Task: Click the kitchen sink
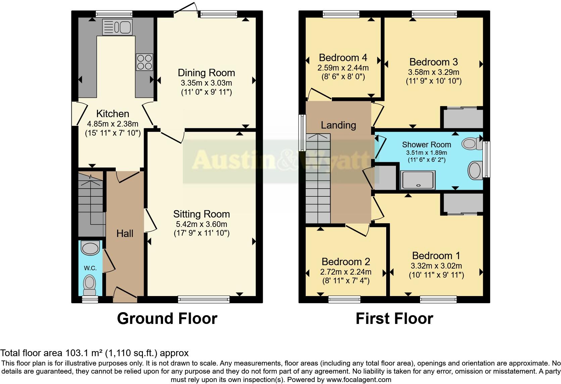click(x=117, y=27)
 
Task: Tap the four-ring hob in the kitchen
click(x=144, y=62)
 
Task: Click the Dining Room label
click(x=206, y=73)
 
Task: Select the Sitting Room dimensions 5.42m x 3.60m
click(x=201, y=224)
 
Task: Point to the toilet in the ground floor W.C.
click(x=89, y=284)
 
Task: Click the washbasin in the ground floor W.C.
click(x=90, y=249)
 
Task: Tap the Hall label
click(x=125, y=234)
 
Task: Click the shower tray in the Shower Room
click(x=418, y=180)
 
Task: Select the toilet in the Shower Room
click(x=471, y=144)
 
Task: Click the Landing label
click(x=338, y=125)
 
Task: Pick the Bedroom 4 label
click(x=343, y=57)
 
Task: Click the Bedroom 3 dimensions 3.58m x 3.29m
click(x=433, y=72)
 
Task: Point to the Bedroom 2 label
click(x=346, y=261)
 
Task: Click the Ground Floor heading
click(x=167, y=318)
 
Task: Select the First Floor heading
click(x=394, y=318)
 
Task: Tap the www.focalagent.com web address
click(x=359, y=380)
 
